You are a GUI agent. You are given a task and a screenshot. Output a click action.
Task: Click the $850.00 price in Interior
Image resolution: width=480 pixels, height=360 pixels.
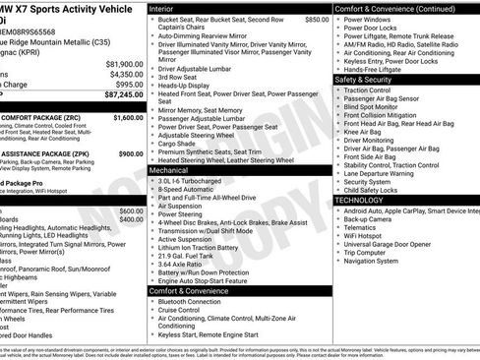pyautogui.click(x=317, y=19)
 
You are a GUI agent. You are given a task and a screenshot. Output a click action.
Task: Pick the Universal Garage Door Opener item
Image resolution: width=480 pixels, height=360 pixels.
pyautogui.click(x=393, y=242)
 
